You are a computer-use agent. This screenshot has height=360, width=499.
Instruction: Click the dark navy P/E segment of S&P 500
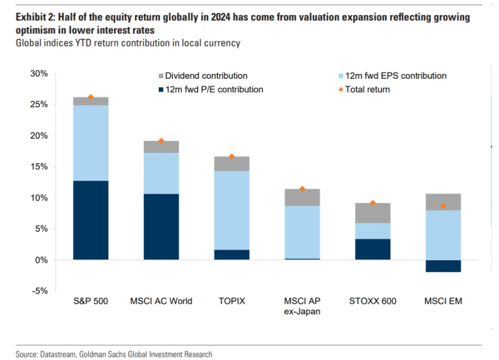(90, 220)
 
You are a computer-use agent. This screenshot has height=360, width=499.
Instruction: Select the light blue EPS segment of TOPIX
(232, 210)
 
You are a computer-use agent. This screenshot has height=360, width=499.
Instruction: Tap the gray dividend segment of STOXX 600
(372, 213)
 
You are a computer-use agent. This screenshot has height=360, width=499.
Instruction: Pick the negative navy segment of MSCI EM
(443, 266)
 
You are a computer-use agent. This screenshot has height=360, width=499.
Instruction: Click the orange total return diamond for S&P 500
(91, 97)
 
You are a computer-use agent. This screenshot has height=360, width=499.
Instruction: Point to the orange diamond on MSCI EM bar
(443, 206)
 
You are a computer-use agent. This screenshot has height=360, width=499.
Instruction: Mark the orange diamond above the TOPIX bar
(232, 157)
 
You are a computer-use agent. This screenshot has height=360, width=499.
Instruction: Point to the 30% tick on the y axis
(38, 74)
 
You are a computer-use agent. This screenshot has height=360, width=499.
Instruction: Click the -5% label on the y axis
(39, 291)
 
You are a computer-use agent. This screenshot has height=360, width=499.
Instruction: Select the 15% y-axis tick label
(38, 166)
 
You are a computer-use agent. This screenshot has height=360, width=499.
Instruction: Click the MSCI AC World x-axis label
(161, 301)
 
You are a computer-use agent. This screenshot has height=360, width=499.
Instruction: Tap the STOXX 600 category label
(372, 301)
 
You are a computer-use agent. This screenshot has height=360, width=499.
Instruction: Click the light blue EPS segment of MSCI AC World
(161, 173)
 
